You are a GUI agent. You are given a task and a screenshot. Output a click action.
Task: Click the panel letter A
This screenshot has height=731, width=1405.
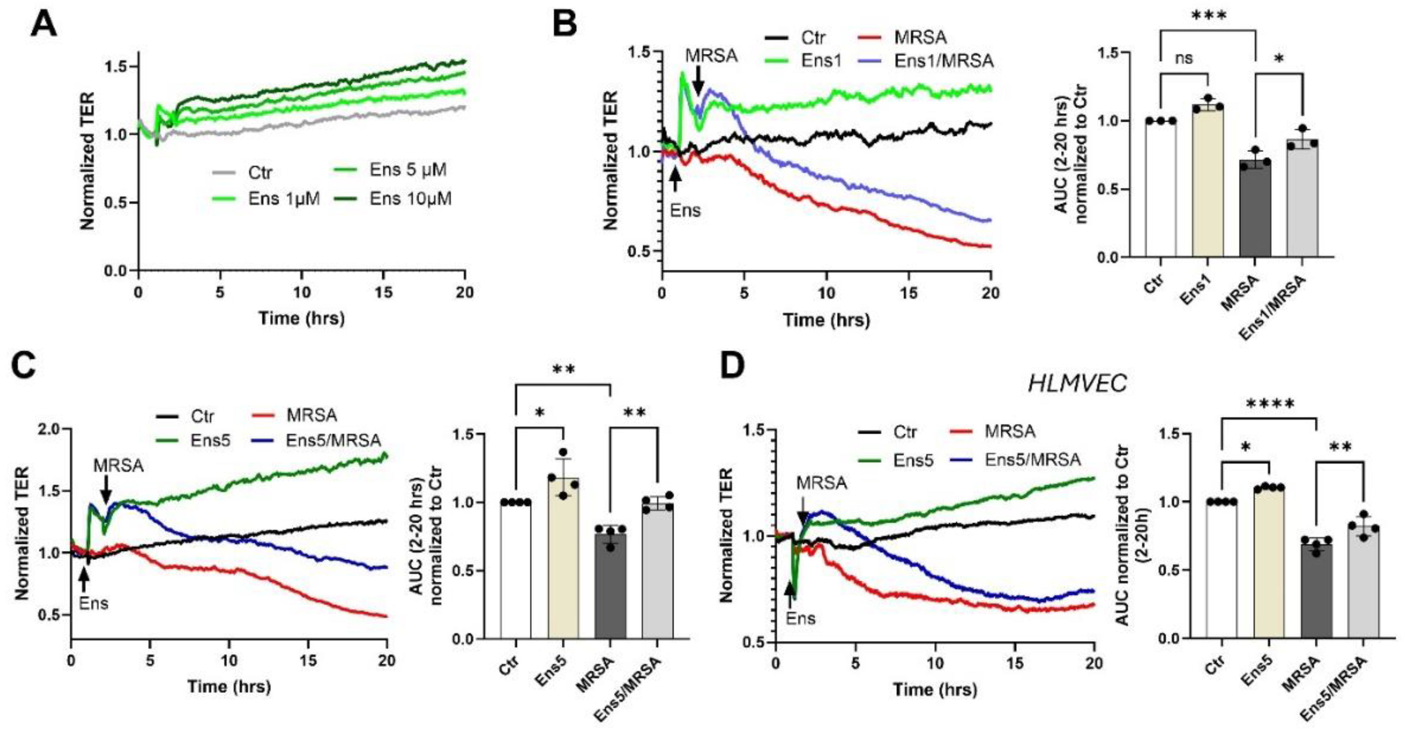pyautogui.click(x=44, y=25)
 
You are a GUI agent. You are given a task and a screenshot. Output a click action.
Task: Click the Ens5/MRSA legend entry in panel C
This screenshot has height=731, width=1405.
pyautogui.click(x=333, y=440)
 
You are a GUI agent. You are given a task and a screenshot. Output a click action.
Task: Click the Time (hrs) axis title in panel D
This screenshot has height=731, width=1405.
pyautogui.click(x=934, y=690)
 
